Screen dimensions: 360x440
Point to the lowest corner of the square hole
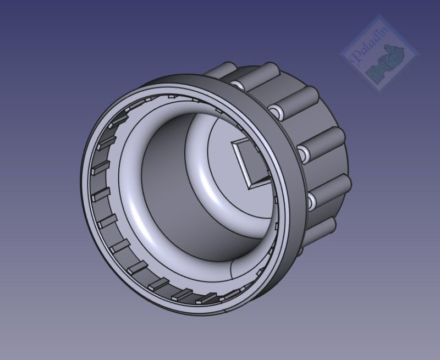tap(250, 185)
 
